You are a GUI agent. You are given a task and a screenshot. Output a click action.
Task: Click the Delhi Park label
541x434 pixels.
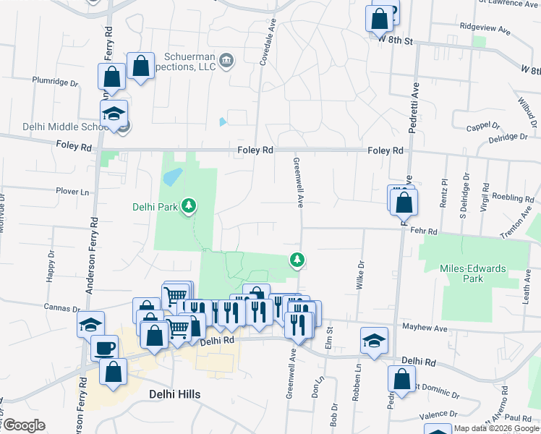tap(155, 207)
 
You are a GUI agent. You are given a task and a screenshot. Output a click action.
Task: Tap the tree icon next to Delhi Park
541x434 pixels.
tap(189, 207)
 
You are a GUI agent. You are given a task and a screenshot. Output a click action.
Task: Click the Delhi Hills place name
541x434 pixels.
tap(174, 394)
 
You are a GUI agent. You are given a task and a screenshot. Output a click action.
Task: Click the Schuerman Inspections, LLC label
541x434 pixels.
tap(180, 61)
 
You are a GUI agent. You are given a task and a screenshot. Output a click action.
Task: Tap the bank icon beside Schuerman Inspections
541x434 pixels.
tap(226, 59)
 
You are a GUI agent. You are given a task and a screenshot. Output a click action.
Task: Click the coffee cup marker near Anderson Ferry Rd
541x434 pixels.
tap(104, 347)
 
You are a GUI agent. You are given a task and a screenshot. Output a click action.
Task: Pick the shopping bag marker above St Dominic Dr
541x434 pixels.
tap(401, 378)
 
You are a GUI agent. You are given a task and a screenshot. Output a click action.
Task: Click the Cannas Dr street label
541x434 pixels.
tap(61, 307)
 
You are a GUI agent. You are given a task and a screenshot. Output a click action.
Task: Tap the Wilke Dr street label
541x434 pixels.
tap(359, 276)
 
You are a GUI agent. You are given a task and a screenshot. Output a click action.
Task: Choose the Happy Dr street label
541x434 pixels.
tap(51, 265)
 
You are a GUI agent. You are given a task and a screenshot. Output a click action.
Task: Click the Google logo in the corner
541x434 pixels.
tap(24, 425)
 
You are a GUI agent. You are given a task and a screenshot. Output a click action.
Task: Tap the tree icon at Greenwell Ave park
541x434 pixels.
tap(296, 259)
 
